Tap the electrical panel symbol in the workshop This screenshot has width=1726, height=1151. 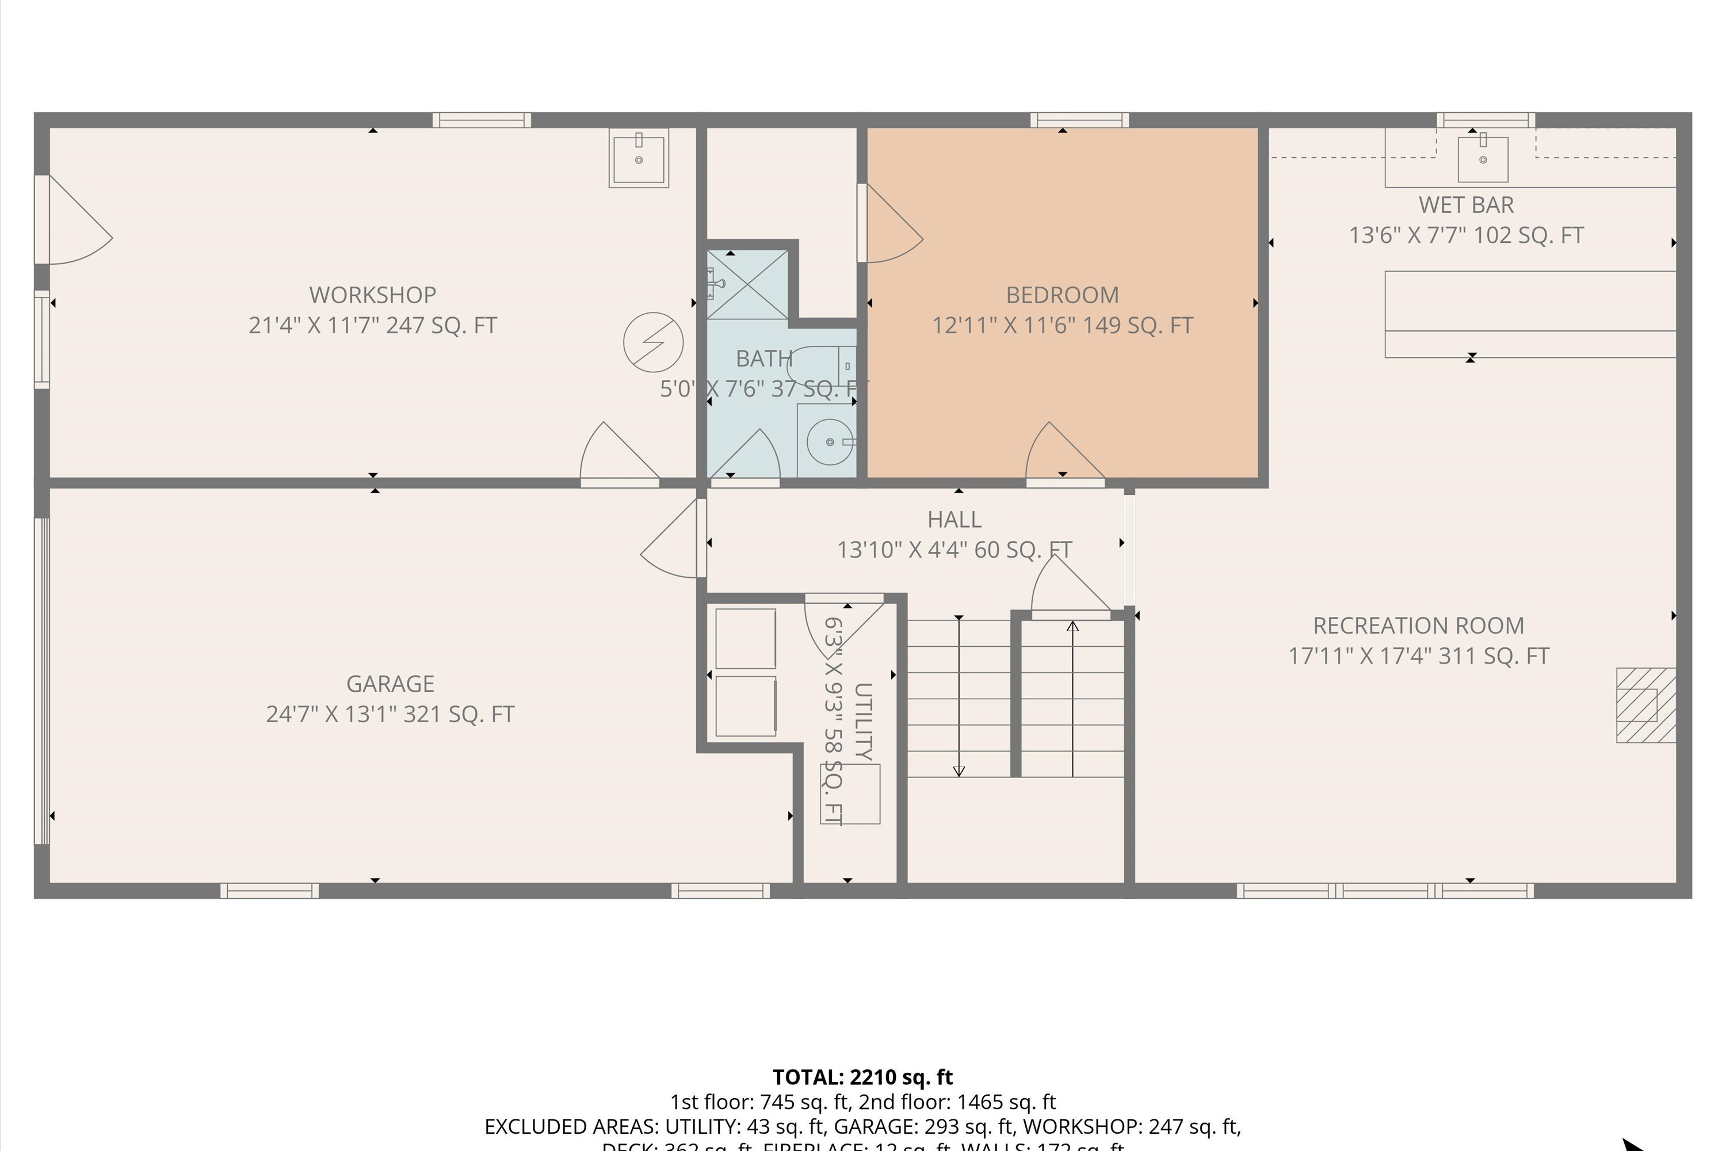click(653, 342)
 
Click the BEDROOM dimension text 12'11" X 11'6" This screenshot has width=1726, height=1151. click(1062, 325)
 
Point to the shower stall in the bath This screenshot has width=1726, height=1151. click(747, 284)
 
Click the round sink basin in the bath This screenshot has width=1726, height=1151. click(829, 442)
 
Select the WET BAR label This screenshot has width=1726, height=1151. click(1465, 205)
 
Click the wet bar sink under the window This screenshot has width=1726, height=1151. click(1483, 159)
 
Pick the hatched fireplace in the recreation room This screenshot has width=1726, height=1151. click(1645, 704)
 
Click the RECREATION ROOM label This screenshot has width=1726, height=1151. click(1418, 626)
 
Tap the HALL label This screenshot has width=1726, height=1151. click(954, 520)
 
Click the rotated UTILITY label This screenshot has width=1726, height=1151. click(864, 722)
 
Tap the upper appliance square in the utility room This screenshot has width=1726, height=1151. click(745, 638)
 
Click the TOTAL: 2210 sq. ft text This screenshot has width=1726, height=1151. click(862, 1077)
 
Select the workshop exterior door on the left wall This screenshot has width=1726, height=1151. click(74, 220)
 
